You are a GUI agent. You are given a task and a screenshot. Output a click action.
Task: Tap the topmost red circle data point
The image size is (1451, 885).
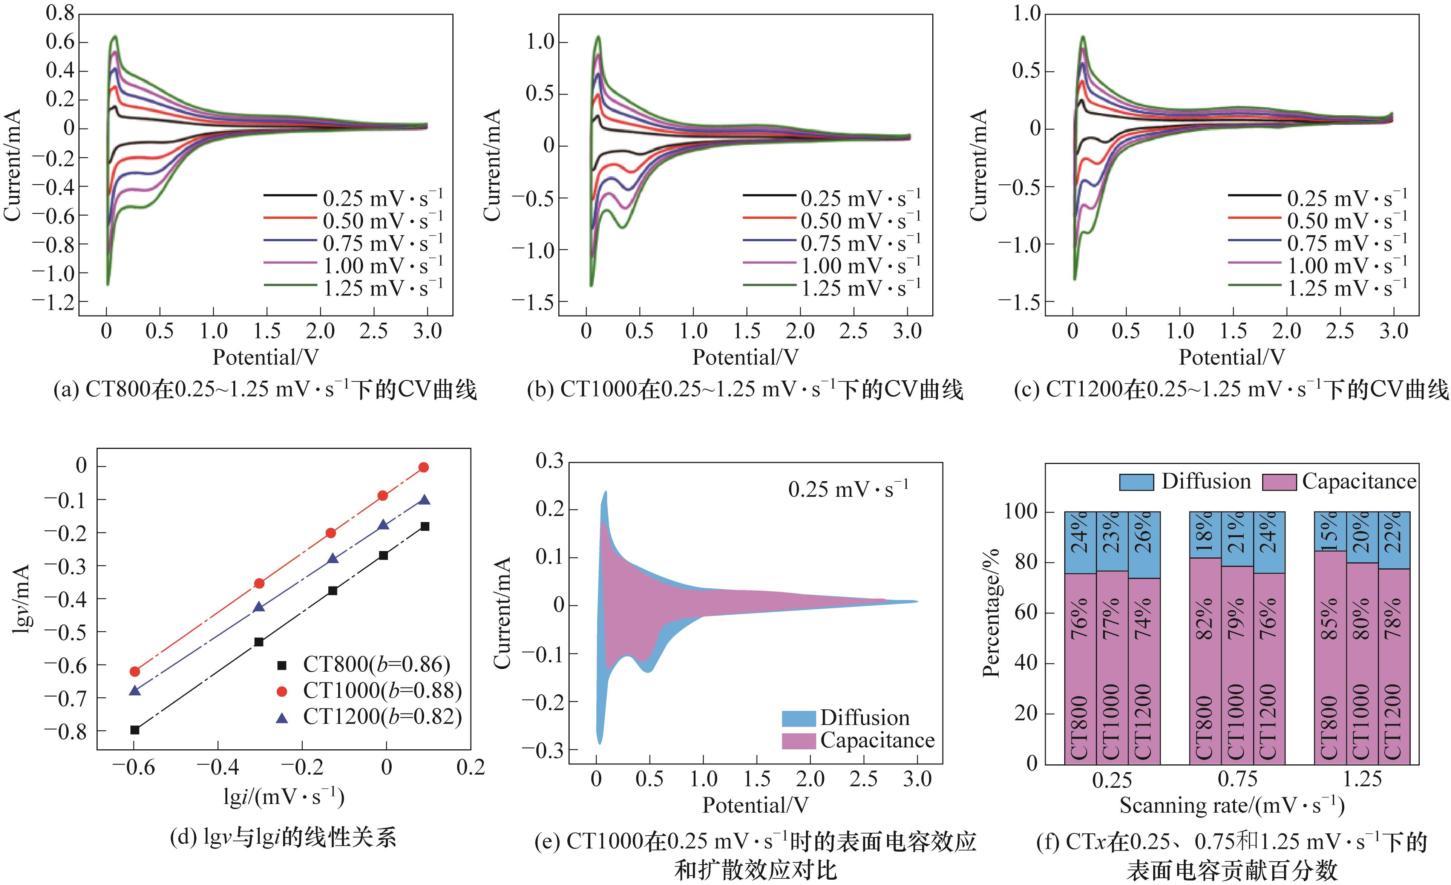pyautogui.click(x=423, y=467)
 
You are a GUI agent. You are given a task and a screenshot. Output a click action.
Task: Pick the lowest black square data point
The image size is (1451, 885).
pyautogui.click(x=135, y=730)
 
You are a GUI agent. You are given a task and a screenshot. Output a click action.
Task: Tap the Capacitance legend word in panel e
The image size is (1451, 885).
pyautogui.click(x=878, y=740)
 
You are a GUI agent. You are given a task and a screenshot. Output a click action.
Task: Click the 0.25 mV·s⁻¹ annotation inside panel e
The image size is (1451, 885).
pyautogui.click(x=848, y=489)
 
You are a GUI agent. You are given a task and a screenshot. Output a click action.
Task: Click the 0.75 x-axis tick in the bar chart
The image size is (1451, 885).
pyautogui.click(x=1237, y=779)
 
